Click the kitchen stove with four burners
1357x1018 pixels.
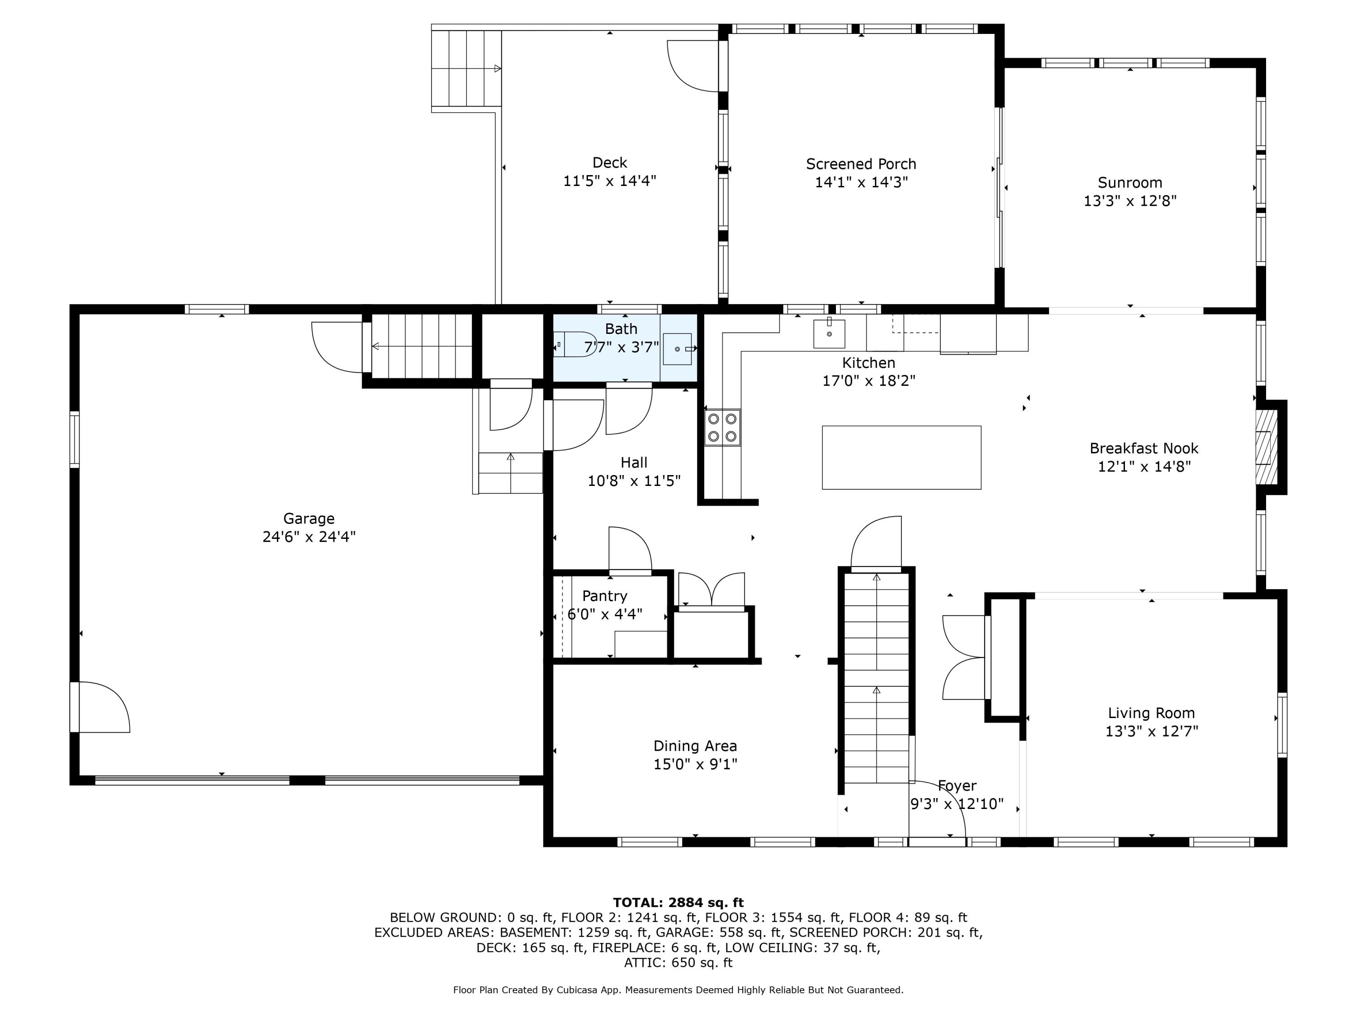coord(722,428)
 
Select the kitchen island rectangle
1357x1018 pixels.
coord(901,458)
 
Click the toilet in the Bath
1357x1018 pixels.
coord(574,344)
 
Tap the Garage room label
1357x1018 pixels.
coord(308,519)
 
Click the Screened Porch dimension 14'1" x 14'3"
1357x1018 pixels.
coord(861,182)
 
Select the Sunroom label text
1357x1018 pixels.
coord(1129,182)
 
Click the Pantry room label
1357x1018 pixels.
coord(604,596)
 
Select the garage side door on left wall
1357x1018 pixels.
coord(101,706)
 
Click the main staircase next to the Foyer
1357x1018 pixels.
coord(877,675)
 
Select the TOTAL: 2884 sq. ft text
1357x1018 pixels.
coord(678,902)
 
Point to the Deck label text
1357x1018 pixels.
coord(609,162)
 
